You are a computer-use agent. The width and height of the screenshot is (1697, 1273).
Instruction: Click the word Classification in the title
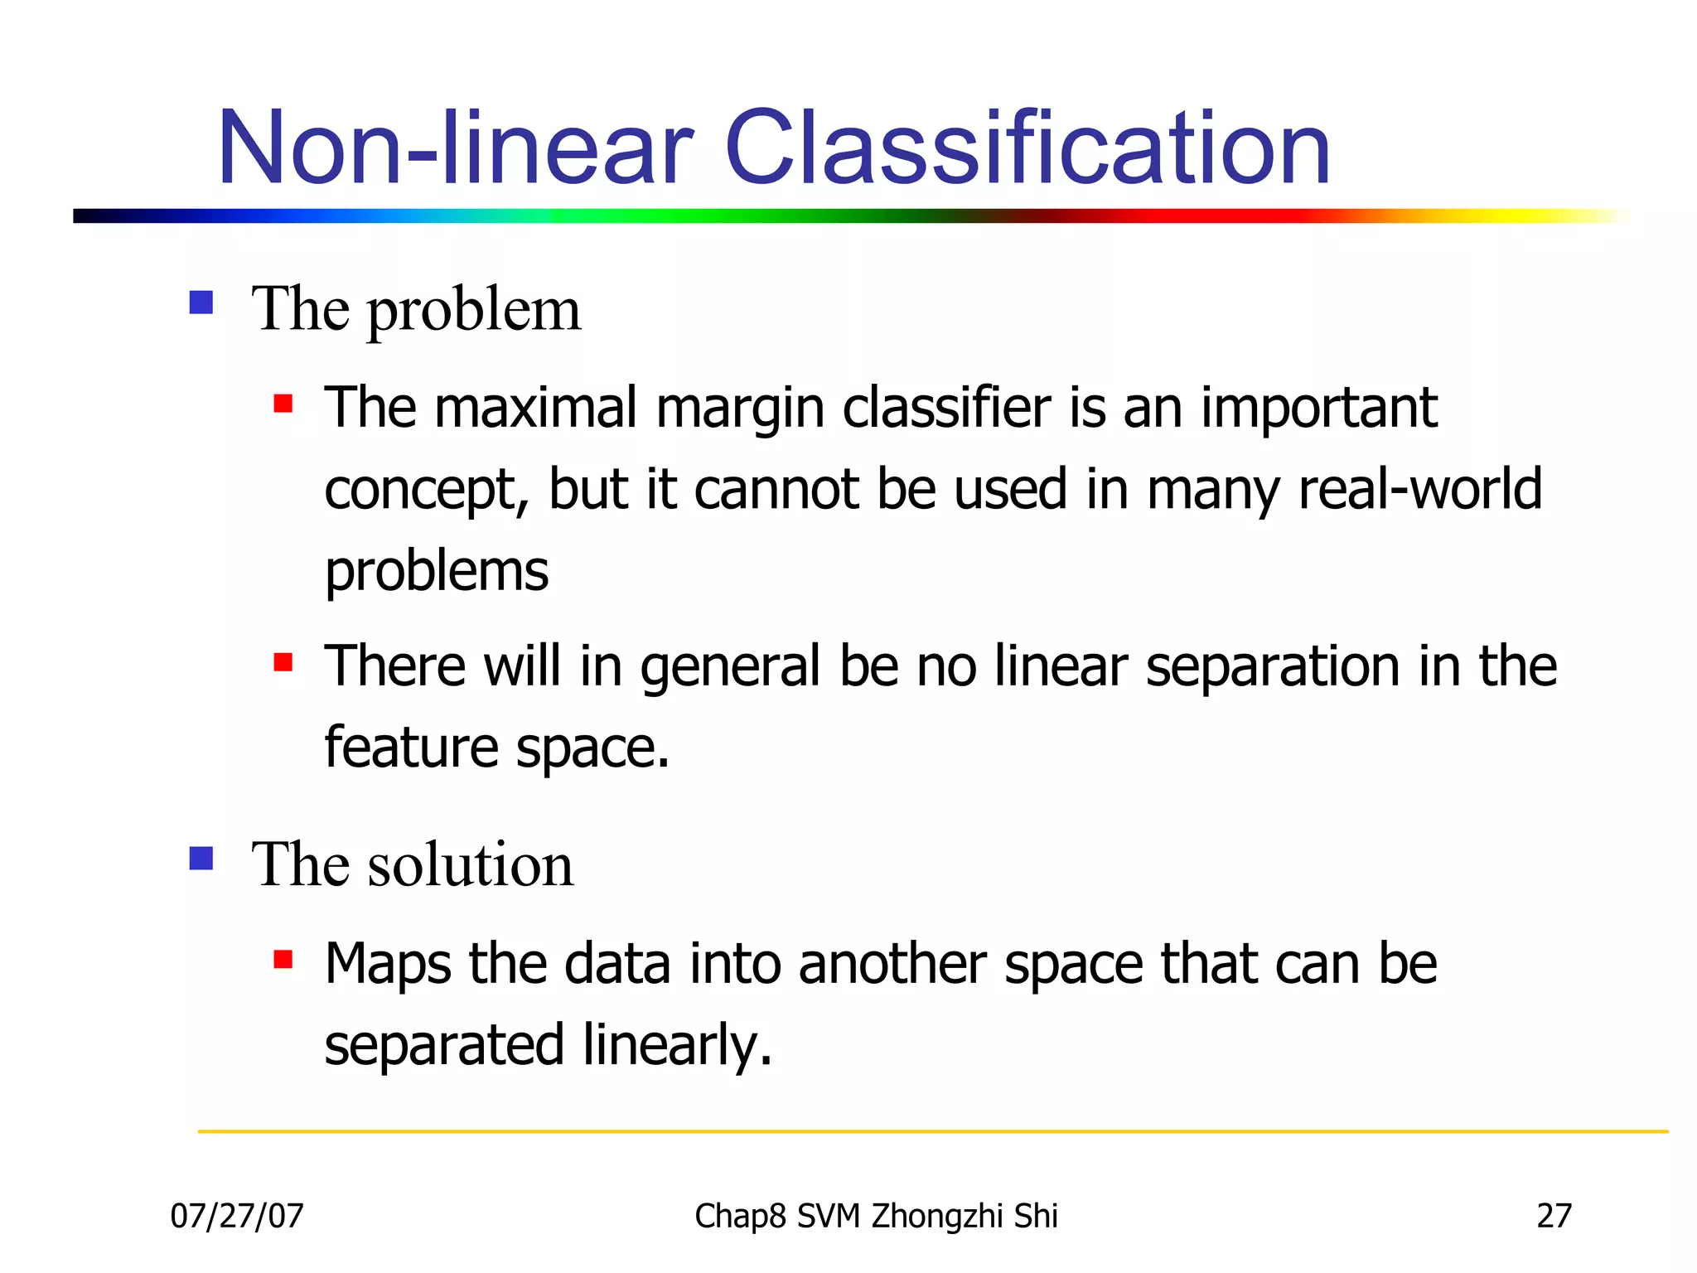click(x=1027, y=149)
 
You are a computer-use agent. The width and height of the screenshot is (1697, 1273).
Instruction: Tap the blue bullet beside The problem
click(x=201, y=303)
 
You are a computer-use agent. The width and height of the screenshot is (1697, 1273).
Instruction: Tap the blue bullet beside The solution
click(x=201, y=858)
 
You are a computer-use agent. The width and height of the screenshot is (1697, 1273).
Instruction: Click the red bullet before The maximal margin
click(x=283, y=404)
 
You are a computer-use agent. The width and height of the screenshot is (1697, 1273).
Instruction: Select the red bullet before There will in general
click(x=283, y=662)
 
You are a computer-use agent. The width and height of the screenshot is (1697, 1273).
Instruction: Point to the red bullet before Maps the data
click(x=283, y=960)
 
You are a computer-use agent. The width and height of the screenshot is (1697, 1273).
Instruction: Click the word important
click(x=1318, y=409)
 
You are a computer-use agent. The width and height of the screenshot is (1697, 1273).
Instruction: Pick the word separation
click(x=1273, y=667)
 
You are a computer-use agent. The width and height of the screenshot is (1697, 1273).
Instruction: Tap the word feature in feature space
click(x=411, y=748)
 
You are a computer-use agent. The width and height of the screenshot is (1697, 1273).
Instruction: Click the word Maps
click(x=388, y=965)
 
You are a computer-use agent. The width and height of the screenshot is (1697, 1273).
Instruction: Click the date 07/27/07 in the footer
click(x=237, y=1216)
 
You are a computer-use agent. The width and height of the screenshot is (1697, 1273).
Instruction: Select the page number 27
click(x=1554, y=1216)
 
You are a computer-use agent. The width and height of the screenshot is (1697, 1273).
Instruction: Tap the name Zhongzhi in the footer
click(x=938, y=1216)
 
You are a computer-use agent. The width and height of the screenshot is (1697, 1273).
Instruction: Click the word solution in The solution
click(x=470, y=864)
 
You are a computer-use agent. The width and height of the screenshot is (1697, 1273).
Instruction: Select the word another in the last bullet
click(x=892, y=965)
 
